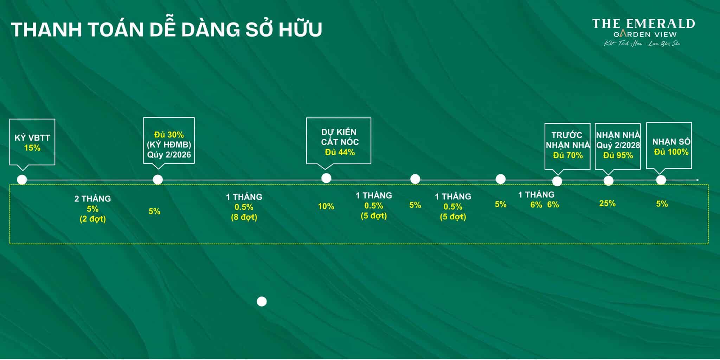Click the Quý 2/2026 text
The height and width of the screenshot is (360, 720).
[169, 155]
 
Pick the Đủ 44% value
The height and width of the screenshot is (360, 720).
[340, 152]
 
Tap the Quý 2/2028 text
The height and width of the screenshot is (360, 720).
[618, 145]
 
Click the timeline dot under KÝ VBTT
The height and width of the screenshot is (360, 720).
[22, 180]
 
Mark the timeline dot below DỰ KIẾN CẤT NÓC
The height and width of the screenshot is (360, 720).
[326, 178]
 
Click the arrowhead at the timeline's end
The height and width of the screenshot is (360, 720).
[697, 180]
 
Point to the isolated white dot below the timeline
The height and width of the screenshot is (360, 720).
[262, 302]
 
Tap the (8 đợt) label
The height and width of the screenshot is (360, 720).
[244, 217]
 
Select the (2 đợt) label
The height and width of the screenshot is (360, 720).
[92, 219]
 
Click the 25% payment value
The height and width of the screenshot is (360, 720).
[607, 203]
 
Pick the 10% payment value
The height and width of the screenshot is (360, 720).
[326, 206]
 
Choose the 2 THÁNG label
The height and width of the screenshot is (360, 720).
[92, 199]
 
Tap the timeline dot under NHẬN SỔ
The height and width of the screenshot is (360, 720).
[661, 180]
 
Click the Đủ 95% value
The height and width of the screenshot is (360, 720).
[618, 155]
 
